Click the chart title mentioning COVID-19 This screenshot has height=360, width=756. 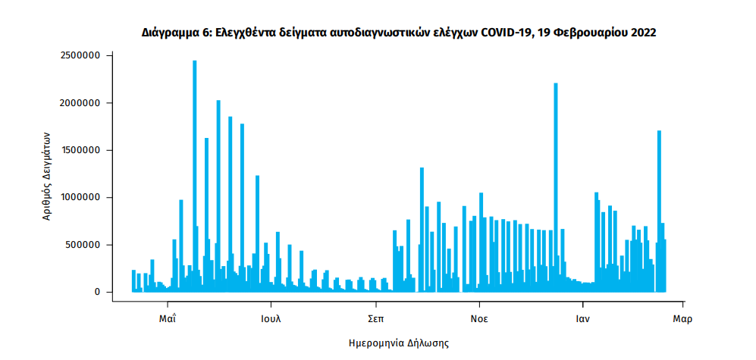[398, 33]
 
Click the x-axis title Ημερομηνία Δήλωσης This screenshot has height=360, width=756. [398, 343]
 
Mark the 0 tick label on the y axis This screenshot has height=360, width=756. [98, 292]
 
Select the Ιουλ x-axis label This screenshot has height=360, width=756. [271, 318]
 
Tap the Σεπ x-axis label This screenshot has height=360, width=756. [375, 318]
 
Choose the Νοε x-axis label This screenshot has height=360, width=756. [478, 318]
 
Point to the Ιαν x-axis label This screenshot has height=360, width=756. [582, 318]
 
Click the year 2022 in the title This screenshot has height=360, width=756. [642, 33]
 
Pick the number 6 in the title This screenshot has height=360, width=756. [203, 33]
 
